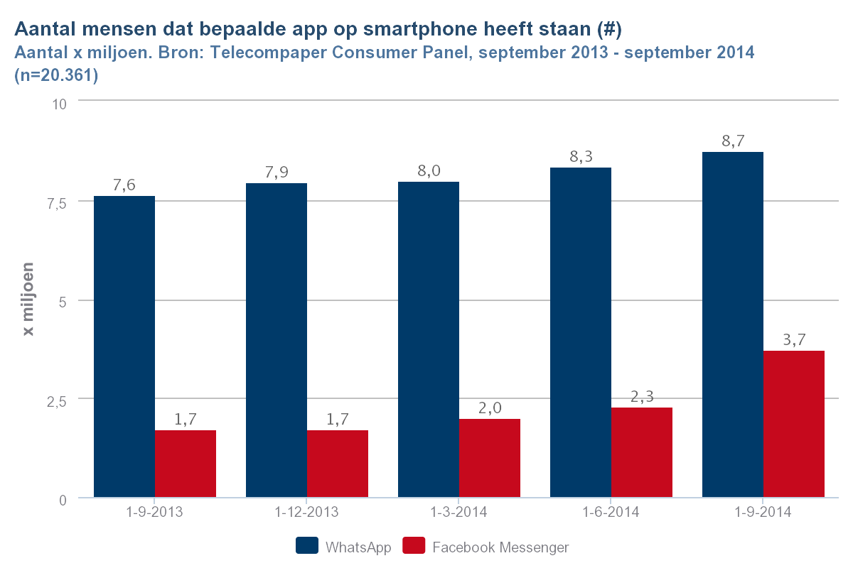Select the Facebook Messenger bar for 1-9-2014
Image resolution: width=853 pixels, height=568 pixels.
pos(794,424)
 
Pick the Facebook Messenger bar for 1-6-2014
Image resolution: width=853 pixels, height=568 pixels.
pos(642,452)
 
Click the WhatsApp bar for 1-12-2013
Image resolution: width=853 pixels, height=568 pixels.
pos(277,340)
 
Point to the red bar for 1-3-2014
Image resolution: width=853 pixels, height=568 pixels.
pos(490,458)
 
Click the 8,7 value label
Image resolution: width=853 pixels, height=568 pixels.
pos(733,141)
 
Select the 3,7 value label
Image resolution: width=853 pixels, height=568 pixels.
pos(794,339)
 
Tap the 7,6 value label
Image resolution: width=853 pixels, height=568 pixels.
pos(124,185)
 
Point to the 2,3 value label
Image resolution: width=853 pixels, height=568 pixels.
pos(642,396)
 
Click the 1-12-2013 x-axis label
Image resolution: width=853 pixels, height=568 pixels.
pos(307,512)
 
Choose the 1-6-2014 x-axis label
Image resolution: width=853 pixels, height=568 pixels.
pos(611,512)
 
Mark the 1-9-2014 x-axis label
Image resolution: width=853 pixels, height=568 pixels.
pos(763,512)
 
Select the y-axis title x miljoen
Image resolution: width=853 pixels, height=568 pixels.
pos(29,301)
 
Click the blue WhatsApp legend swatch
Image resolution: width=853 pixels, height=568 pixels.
pos(307,546)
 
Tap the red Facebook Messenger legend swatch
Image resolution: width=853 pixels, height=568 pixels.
pos(414,546)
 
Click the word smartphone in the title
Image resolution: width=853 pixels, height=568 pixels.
pos(413,30)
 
